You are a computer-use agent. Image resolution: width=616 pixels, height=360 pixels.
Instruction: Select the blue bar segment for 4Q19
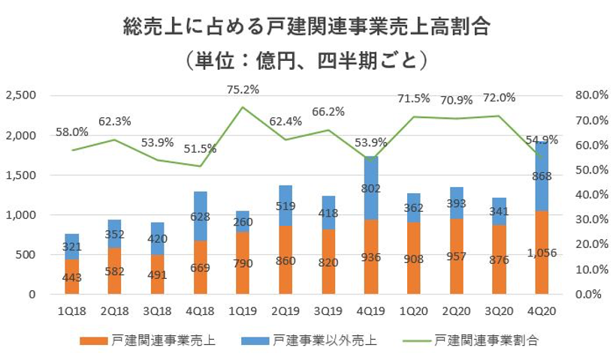pos(372,188)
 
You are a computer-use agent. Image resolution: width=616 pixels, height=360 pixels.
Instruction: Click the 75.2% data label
pos(243,89)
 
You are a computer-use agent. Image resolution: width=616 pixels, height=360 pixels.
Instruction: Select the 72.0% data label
pos(499,98)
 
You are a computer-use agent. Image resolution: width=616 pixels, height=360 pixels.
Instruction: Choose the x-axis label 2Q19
pos(285,310)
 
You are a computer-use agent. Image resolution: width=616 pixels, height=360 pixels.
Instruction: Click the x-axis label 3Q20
pos(500,310)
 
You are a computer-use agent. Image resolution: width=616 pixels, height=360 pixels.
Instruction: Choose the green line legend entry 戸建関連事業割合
pos(486,340)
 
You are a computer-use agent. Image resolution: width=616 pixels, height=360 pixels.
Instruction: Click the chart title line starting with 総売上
pos(307,29)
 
